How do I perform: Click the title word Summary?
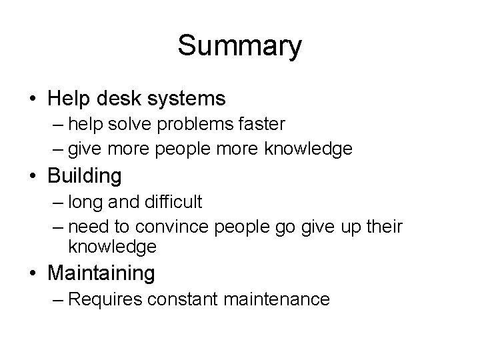click(x=240, y=46)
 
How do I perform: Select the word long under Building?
click(x=83, y=202)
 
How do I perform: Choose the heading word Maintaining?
click(x=101, y=273)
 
